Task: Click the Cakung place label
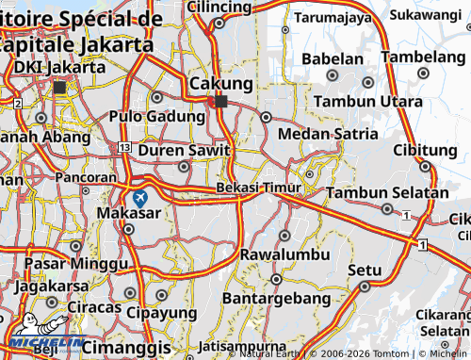pos(220,84)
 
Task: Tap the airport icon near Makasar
pos(140,198)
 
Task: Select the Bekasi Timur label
pos(258,188)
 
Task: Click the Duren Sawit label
pos(184,149)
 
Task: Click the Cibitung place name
pos(425,150)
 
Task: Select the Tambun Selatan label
pos(387,192)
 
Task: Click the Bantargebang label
pos(277,298)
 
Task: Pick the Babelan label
pos(332,58)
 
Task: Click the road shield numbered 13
pos(124,148)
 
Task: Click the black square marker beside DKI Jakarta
pos(60,87)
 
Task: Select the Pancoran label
pos(86,176)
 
